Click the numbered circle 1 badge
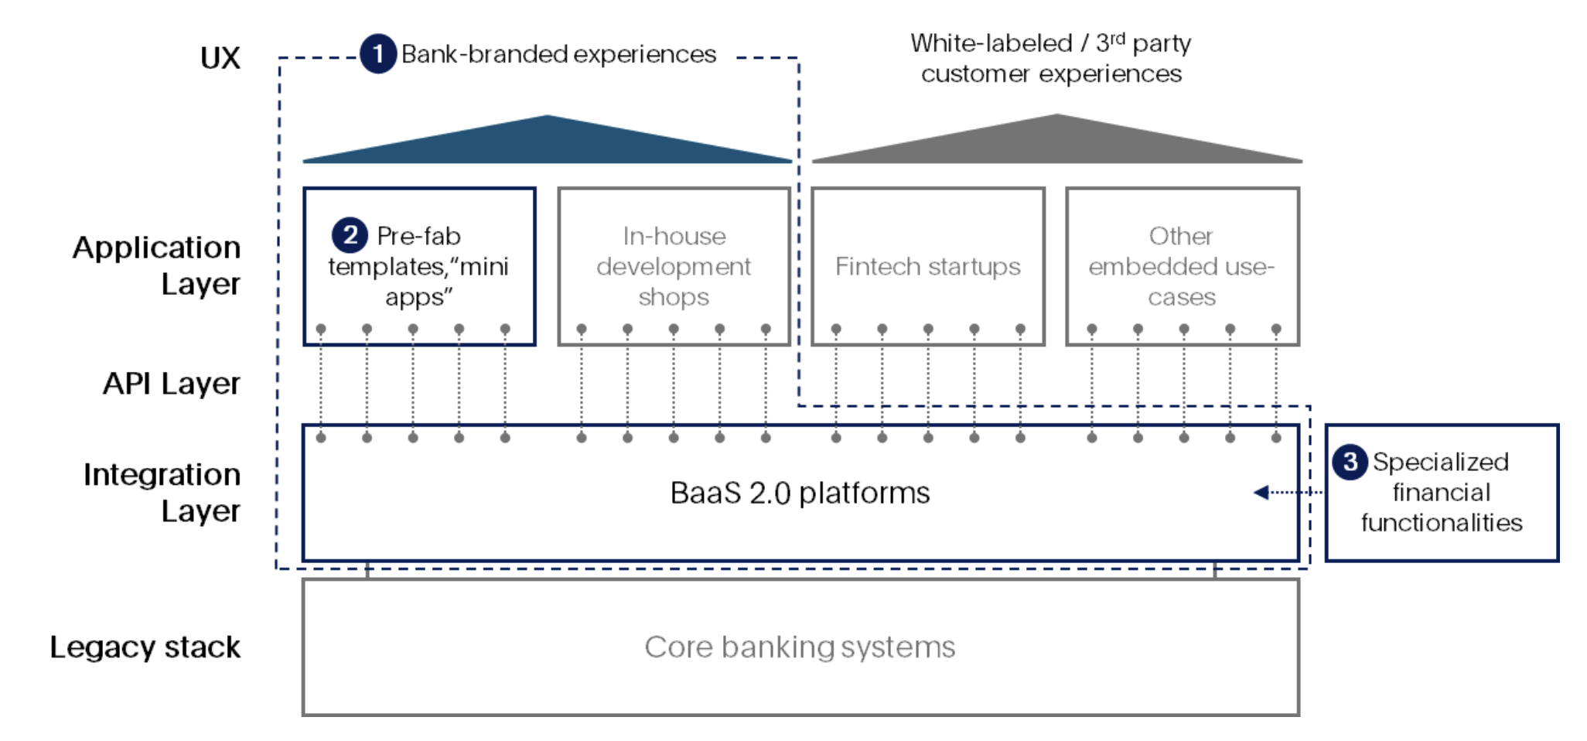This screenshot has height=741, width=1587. pyautogui.click(x=378, y=54)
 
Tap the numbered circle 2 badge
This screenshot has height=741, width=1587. pyautogui.click(x=350, y=235)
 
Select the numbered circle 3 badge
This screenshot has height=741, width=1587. pyautogui.click(x=1350, y=462)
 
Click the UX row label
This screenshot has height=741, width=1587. pyautogui.click(x=220, y=58)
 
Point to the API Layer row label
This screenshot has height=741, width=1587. pyautogui.click(x=172, y=384)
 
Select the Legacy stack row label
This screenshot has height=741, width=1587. pyautogui.click(x=145, y=647)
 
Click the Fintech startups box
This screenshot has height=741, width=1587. pyautogui.click(x=927, y=267)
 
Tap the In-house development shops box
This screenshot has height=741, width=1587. pyautogui.click(x=674, y=267)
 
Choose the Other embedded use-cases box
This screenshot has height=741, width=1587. pyautogui.click(x=1182, y=267)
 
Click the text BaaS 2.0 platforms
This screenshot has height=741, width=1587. pyautogui.click(x=800, y=493)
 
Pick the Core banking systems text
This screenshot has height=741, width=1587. pyautogui.click(x=800, y=647)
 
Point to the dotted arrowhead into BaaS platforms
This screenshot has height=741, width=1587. pyautogui.click(x=1261, y=493)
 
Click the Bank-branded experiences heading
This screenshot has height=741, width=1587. pyautogui.click(x=558, y=54)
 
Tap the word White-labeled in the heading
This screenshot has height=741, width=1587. pyautogui.click(x=991, y=43)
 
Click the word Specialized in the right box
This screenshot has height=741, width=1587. pyautogui.click(x=1440, y=462)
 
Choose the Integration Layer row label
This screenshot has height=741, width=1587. pyautogui.click(x=162, y=493)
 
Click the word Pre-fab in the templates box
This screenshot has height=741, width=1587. pyautogui.click(x=418, y=236)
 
